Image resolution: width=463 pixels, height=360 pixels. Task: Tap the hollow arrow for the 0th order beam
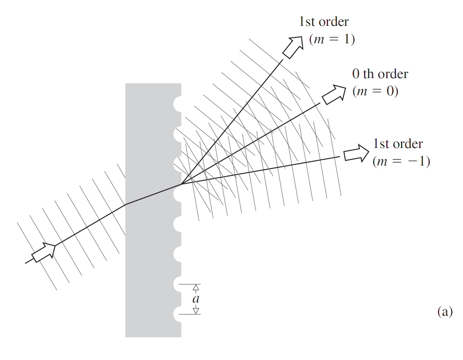(x=334, y=94)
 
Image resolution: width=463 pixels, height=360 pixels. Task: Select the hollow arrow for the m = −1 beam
(x=356, y=154)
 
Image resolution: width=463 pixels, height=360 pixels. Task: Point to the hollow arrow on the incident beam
(x=44, y=253)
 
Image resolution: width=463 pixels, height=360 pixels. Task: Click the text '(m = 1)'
(x=332, y=39)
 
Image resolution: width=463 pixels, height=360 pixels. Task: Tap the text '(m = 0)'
(x=375, y=91)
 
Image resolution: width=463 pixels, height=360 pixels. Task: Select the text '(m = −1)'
(x=401, y=161)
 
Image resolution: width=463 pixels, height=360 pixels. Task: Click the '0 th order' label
(x=380, y=74)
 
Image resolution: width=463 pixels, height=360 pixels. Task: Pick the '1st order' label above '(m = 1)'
(x=324, y=22)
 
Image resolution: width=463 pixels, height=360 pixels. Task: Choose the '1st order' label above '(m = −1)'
(x=398, y=144)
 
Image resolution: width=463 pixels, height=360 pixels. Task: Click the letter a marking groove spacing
(x=196, y=299)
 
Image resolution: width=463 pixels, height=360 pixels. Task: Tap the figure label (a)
(x=445, y=311)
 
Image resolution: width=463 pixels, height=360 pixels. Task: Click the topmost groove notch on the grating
(x=178, y=104)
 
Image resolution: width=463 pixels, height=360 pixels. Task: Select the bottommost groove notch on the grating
(x=178, y=314)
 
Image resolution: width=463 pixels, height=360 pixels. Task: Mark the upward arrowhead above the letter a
(x=196, y=287)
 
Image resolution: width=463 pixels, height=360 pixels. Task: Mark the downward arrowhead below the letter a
(x=196, y=311)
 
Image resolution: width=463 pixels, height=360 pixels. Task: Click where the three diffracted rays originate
(x=181, y=184)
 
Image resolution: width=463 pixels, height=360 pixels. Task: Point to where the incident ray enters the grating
(x=125, y=205)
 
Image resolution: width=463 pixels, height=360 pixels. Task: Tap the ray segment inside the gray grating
(x=153, y=195)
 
